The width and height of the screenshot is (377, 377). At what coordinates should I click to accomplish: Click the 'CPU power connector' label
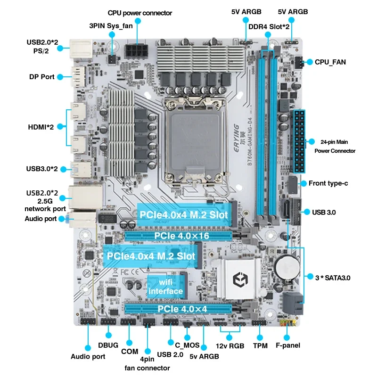pos(139,13)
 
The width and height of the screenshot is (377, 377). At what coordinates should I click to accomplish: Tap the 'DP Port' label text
pos(41,77)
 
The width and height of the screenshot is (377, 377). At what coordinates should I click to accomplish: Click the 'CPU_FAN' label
pos(330,62)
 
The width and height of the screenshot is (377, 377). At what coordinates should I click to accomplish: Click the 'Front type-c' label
pos(328,183)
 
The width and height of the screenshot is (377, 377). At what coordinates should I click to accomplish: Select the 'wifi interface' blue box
pos(165,287)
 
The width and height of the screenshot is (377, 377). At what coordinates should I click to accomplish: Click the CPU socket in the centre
pos(188,141)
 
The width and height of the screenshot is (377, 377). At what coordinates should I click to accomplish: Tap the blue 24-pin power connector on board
pos(299,141)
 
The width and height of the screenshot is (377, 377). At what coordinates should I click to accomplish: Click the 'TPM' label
pos(260,346)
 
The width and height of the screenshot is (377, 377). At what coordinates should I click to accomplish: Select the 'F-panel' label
pos(288,345)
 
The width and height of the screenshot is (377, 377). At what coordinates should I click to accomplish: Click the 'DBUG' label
pos(109,345)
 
